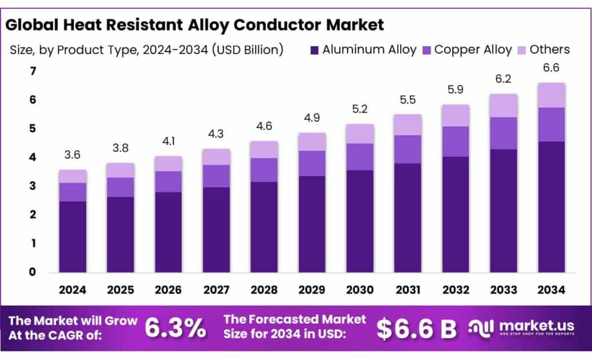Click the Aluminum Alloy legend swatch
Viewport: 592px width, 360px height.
pos(314,50)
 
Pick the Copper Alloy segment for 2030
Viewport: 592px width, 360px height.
pos(360,157)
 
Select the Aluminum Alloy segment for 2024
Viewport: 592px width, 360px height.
pos(73,236)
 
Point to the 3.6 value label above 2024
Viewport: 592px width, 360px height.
pos(73,155)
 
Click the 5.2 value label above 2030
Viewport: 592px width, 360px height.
pos(360,109)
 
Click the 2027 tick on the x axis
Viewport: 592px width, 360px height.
pos(216,290)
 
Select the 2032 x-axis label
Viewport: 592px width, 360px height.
pos(455,290)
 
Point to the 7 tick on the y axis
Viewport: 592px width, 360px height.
pos(33,71)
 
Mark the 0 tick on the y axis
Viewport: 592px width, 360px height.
pos(33,272)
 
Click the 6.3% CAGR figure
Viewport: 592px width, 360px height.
pos(175,328)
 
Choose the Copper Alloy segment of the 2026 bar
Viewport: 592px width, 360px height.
pos(168,181)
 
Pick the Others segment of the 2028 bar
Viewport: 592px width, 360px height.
pos(264,149)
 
